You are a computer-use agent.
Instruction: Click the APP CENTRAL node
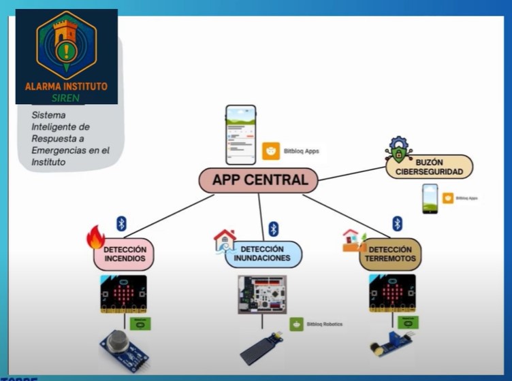(259, 180)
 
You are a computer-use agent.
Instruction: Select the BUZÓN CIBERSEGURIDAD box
(430, 167)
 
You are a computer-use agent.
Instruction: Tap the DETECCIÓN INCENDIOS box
(124, 254)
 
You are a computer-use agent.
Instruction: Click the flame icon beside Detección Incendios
(95, 237)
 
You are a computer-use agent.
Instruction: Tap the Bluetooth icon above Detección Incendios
(121, 223)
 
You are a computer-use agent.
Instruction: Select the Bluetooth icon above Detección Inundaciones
(273, 229)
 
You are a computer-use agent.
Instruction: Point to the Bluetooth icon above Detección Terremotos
(397, 223)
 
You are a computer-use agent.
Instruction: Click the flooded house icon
(224, 240)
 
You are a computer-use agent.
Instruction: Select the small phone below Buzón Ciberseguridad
(430, 199)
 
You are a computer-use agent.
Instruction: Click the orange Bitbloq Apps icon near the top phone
(271, 151)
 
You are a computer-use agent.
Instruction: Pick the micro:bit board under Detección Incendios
(123, 295)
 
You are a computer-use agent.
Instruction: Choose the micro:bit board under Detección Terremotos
(392, 294)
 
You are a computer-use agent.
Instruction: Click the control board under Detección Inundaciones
(261, 294)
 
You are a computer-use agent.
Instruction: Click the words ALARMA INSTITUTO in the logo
(66, 86)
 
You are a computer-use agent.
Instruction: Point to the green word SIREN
(66, 97)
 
